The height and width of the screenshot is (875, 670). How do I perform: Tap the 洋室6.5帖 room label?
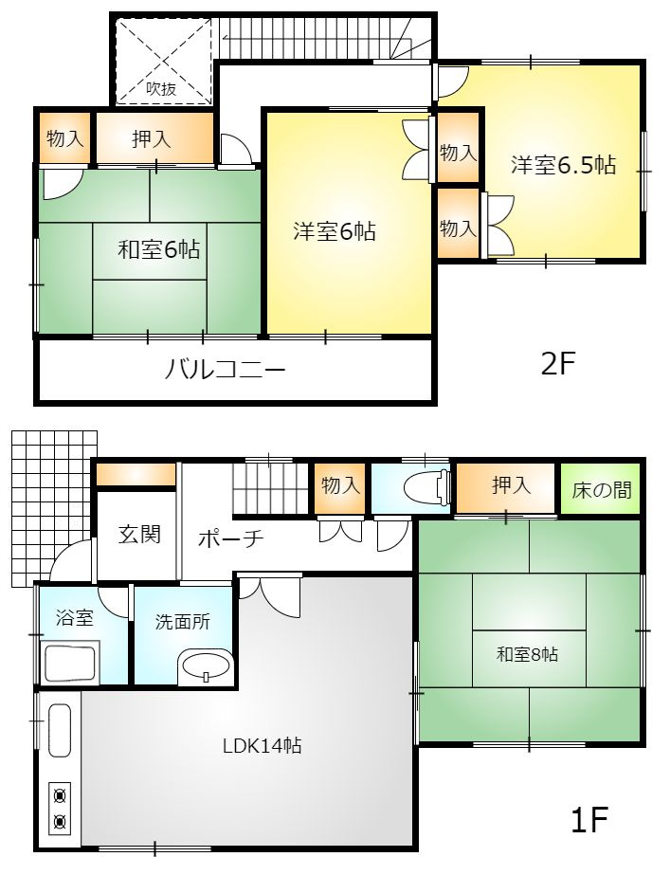[563, 165]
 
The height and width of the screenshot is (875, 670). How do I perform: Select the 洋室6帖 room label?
[334, 230]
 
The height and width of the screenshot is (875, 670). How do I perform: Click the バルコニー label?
[226, 369]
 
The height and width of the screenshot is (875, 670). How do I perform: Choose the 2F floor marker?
[558, 364]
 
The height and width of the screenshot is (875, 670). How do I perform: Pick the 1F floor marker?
[589, 819]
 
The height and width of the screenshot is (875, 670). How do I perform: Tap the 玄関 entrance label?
[139, 534]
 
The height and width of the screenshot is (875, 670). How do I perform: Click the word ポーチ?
[230, 538]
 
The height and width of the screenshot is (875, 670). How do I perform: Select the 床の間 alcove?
[602, 489]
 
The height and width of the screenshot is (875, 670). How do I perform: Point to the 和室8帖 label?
[527, 654]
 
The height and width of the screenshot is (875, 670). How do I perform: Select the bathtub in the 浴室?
[72, 662]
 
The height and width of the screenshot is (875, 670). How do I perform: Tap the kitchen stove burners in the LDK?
[60, 808]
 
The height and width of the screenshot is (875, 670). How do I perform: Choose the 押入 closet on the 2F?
[152, 139]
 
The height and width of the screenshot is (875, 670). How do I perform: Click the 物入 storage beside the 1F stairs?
[340, 486]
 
